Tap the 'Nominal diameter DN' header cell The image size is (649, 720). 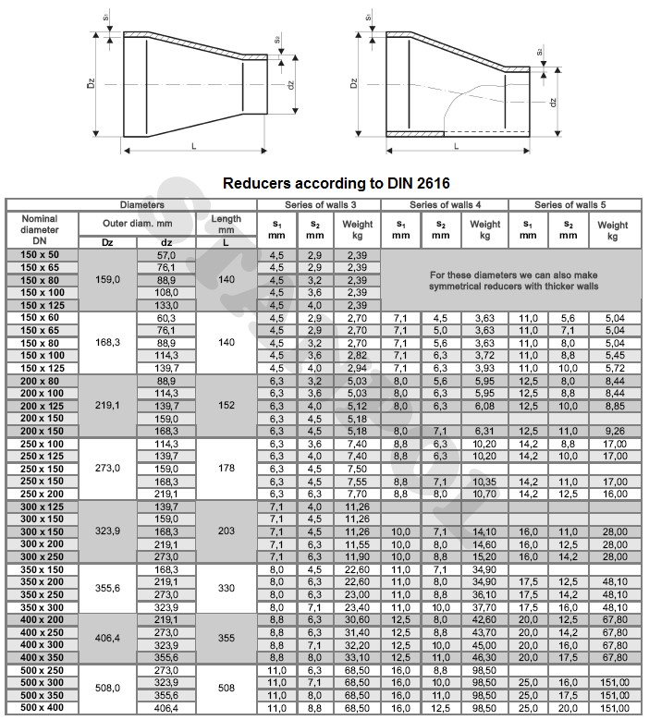coord(40,228)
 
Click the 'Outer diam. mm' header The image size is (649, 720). coord(138,223)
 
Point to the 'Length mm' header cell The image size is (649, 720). coord(227,223)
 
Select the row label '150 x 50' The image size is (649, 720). coord(40,254)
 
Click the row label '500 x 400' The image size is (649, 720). coord(40,707)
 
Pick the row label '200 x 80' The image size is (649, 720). coord(40,380)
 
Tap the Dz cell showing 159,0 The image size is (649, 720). coord(108,279)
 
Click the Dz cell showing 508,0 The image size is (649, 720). coord(108,688)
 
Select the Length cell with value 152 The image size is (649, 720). coord(227,405)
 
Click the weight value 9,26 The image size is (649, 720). coord(612,430)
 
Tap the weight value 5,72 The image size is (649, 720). coord(612,367)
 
